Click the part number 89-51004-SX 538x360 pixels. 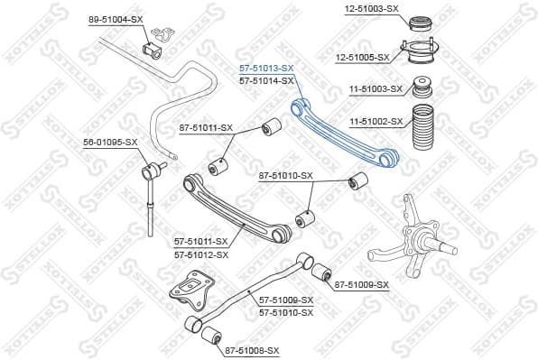click(x=115, y=19)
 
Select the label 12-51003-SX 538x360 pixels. click(x=372, y=8)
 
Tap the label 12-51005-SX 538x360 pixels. click(x=363, y=57)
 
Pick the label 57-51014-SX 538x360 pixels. click(x=266, y=81)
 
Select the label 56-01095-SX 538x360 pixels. click(x=110, y=142)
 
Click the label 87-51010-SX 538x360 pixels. click(x=285, y=175)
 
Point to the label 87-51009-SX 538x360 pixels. click(x=361, y=284)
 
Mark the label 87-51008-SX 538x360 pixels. click(x=253, y=350)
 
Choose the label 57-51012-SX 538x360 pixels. click(x=201, y=254)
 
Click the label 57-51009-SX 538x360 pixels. click(x=285, y=300)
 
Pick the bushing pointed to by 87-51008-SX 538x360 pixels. click(x=210, y=337)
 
